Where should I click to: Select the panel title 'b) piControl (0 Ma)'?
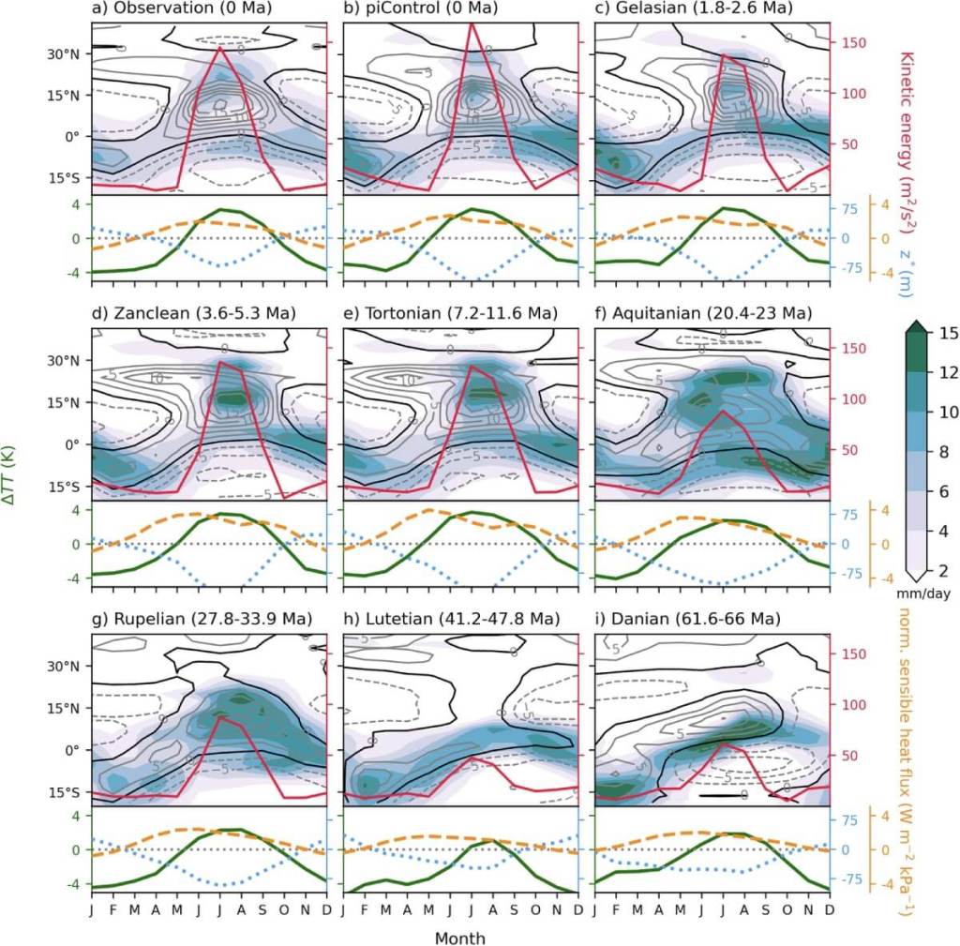coord(419,8)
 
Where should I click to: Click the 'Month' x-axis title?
coord(459,936)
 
